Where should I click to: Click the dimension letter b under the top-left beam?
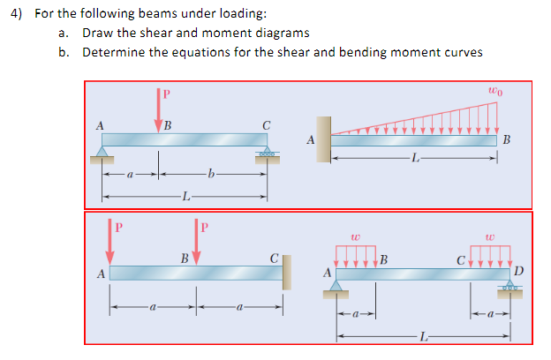[x=209, y=175]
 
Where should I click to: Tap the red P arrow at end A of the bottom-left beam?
[x=109, y=244]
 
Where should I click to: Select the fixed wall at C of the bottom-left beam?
[x=287, y=271]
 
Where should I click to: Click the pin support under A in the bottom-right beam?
[x=336, y=288]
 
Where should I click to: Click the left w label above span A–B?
[x=354, y=236]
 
